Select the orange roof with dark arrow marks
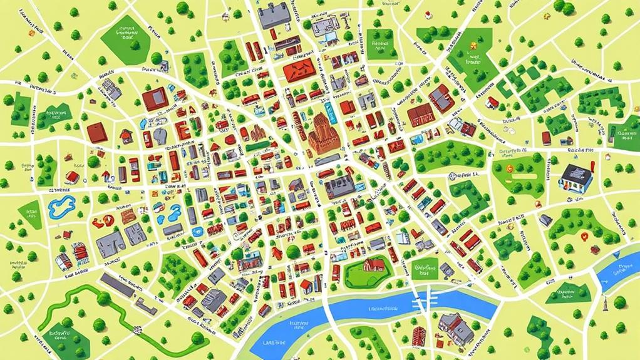[298, 71]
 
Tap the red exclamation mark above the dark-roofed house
[590, 167]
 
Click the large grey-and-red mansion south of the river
[456, 326]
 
